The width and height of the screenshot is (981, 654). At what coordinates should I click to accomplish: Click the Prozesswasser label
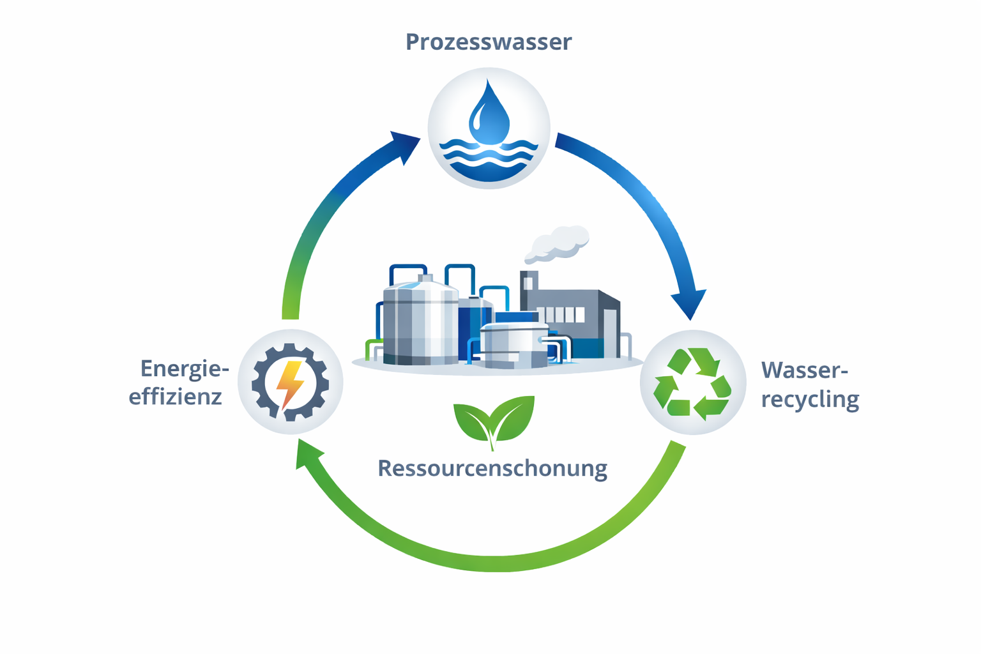(489, 42)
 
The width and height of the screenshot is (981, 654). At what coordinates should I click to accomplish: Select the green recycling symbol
(692, 383)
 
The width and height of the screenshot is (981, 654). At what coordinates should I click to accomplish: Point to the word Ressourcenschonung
(492, 468)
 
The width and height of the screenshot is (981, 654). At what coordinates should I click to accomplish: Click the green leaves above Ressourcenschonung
(493, 420)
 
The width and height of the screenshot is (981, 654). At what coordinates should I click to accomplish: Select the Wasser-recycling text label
(810, 384)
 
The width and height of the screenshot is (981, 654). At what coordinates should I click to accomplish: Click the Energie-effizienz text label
(178, 382)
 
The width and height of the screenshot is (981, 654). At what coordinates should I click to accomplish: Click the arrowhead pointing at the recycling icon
(689, 304)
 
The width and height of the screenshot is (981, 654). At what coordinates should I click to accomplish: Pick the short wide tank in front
(513, 345)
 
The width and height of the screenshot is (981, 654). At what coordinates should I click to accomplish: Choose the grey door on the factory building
(610, 332)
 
